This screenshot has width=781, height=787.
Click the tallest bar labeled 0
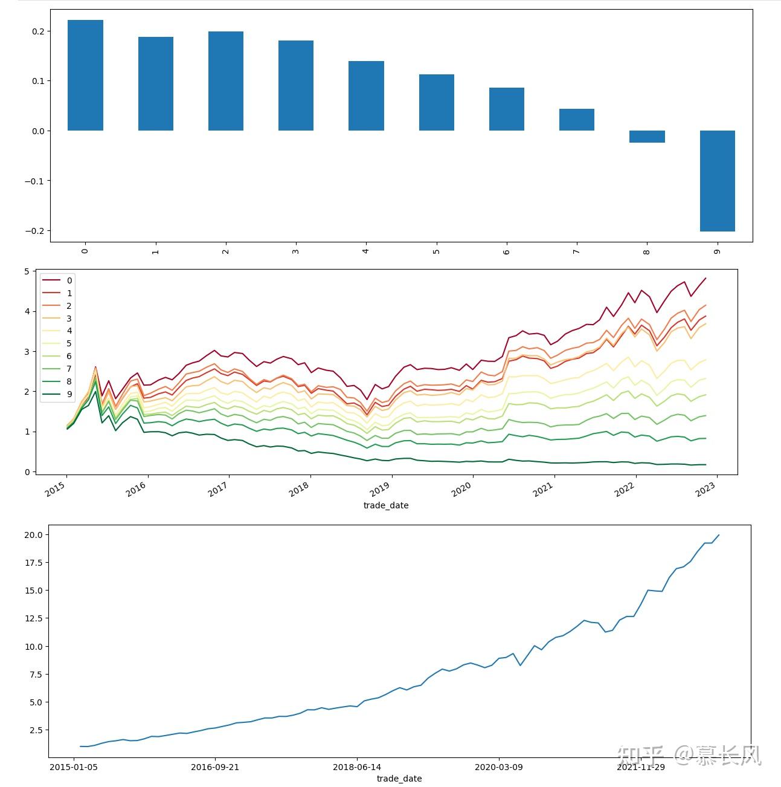pyautogui.click(x=85, y=76)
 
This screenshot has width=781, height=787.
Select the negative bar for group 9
pyautogui.click(x=717, y=181)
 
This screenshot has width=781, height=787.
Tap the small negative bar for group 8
pyautogui.click(x=647, y=137)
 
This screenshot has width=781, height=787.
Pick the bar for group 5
pyautogui.click(x=436, y=103)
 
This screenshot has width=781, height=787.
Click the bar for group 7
pyautogui.click(x=576, y=120)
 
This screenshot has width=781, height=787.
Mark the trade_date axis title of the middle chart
pyautogui.click(x=386, y=505)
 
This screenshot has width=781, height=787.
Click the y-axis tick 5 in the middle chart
pyautogui.click(x=27, y=271)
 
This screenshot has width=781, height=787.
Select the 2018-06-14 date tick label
pyautogui.click(x=357, y=767)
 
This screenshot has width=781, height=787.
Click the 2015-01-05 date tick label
pyautogui.click(x=74, y=767)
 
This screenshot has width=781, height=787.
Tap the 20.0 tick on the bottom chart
pyautogui.click(x=33, y=535)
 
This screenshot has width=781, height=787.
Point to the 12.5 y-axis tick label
pyautogui.click(x=33, y=618)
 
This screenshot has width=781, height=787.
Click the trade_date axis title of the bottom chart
pyautogui.click(x=399, y=779)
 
